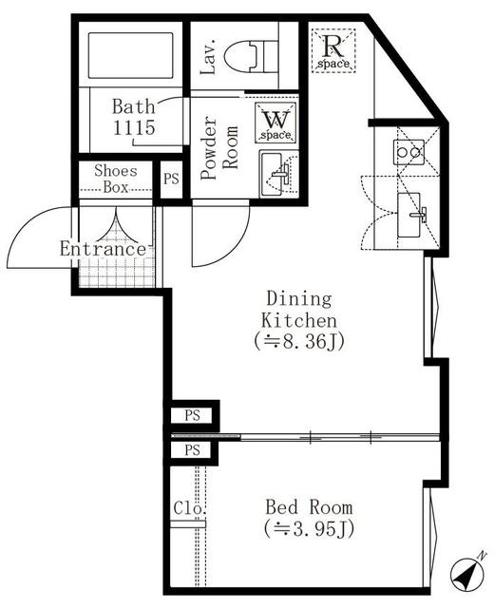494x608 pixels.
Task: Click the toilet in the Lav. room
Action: [261, 56]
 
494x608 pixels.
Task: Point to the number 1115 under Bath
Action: [134, 126]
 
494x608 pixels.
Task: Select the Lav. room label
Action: [210, 57]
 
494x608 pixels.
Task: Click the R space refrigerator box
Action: [334, 49]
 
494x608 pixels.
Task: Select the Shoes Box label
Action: [114, 180]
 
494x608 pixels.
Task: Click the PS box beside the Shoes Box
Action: [171, 179]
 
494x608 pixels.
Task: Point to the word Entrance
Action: [103, 249]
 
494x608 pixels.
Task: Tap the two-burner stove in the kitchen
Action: [408, 150]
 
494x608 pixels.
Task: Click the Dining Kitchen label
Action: [298, 309]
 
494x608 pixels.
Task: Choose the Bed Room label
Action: [308, 507]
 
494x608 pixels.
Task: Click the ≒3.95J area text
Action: [308, 529]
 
